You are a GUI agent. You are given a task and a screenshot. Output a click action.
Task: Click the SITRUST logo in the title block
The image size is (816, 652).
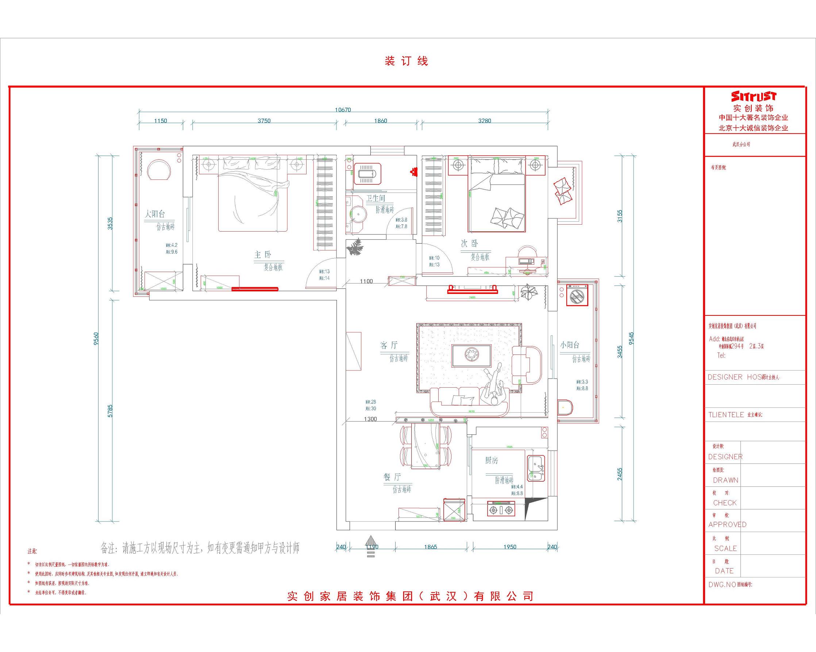[753, 96]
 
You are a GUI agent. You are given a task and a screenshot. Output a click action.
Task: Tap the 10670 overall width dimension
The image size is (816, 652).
[343, 110]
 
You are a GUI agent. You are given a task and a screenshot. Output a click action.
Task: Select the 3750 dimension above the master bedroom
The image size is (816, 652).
[264, 121]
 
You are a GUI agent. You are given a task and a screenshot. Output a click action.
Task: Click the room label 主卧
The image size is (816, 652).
[263, 255]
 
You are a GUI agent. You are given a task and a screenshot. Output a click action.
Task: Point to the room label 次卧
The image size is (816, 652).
[469, 244]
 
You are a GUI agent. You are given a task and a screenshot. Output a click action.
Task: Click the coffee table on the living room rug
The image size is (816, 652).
[471, 355]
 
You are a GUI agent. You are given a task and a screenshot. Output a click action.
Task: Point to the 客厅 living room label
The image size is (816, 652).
[389, 345]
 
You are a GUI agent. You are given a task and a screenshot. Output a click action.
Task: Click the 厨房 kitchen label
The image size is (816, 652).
[491, 460]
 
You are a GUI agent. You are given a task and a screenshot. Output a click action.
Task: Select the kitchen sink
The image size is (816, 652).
[536, 468]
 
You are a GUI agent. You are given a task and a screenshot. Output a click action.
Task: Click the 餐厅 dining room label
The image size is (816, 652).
[392, 477]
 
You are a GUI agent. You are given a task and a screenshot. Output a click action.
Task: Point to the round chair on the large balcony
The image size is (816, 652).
[159, 170]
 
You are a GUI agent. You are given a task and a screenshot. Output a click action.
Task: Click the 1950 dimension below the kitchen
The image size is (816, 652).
[510, 547]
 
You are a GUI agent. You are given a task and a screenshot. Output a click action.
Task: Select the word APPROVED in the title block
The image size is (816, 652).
[727, 524]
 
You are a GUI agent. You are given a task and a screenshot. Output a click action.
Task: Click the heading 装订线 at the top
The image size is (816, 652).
[406, 61]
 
